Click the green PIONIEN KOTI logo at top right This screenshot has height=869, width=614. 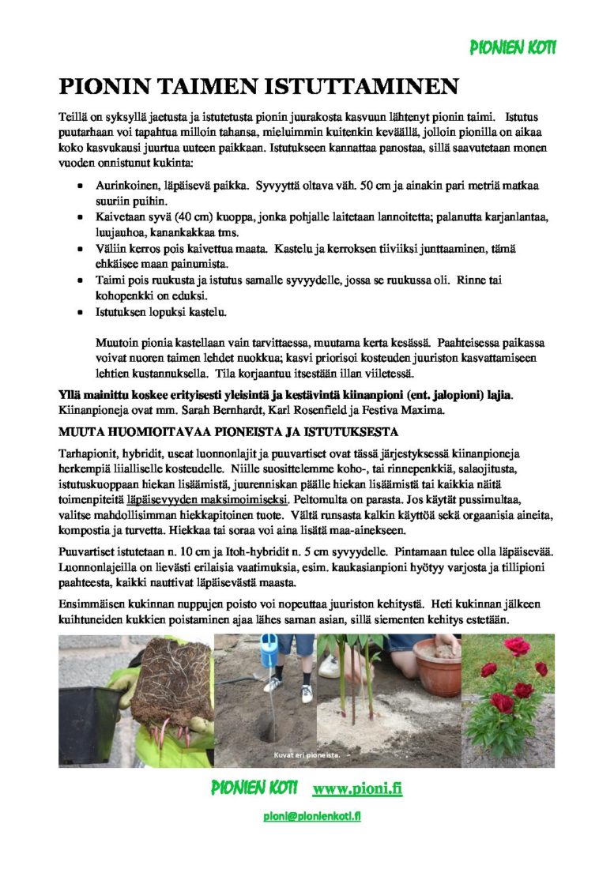point(513,48)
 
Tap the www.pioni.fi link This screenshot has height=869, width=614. point(357,788)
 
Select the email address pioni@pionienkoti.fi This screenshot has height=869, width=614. point(312,816)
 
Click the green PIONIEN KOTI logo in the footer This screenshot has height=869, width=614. point(254,788)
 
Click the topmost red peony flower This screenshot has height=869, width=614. point(517,646)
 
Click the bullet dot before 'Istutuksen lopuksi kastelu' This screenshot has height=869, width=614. point(81,312)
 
